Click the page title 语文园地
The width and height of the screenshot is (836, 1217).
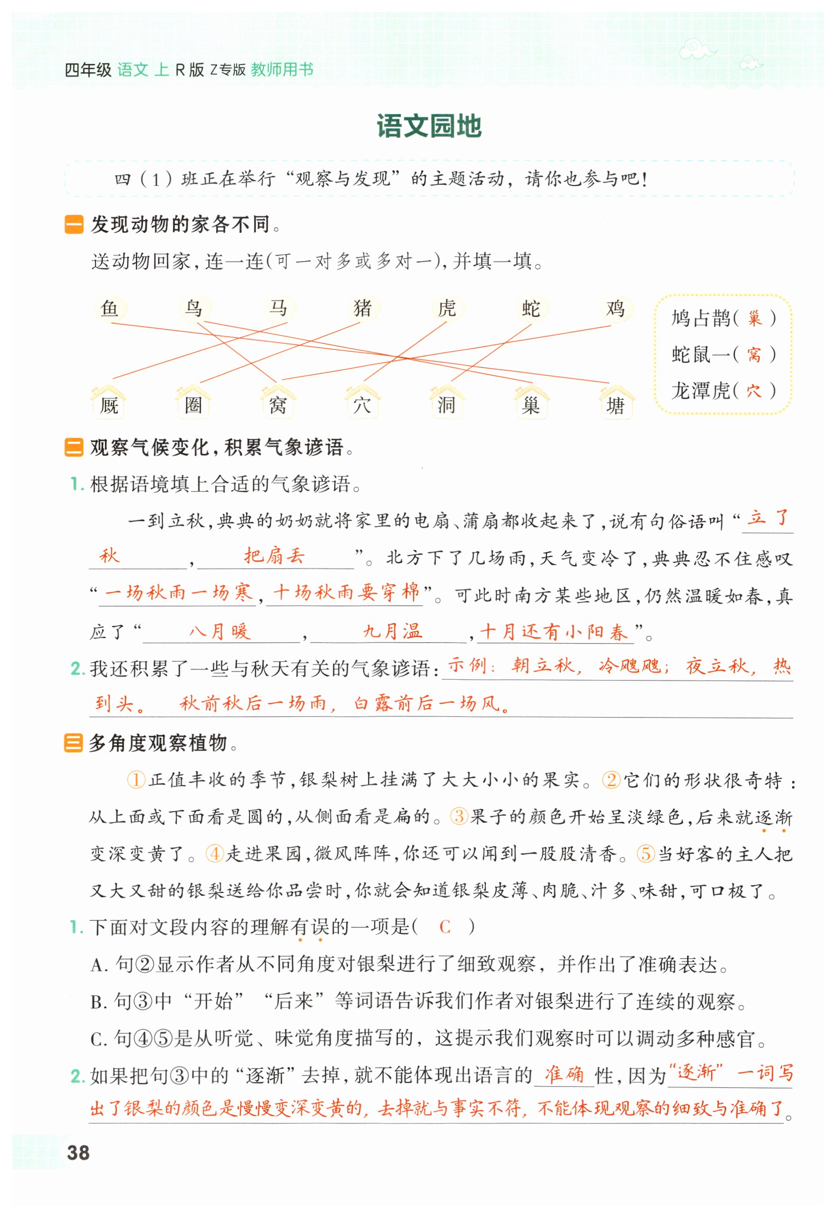(428, 127)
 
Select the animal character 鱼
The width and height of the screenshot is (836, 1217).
(110, 308)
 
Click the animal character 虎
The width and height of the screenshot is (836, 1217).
(447, 308)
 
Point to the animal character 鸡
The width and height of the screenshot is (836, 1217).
(615, 308)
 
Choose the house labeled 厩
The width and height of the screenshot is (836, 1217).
(109, 404)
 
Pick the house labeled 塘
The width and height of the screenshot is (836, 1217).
(616, 404)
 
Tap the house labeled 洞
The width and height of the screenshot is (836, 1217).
(447, 404)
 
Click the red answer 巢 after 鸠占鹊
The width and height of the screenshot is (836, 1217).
(754, 318)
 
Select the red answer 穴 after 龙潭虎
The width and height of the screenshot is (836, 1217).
(754, 390)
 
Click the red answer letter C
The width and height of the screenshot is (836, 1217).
(445, 927)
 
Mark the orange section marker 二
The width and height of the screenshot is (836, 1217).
(74, 447)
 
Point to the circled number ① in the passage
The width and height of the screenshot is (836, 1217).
(136, 780)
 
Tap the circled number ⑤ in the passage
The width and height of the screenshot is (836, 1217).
(646, 854)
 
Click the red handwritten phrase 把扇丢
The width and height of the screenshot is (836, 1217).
(274, 556)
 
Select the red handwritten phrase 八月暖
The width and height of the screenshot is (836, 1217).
(220, 631)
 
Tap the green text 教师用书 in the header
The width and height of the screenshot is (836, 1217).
(282, 70)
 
